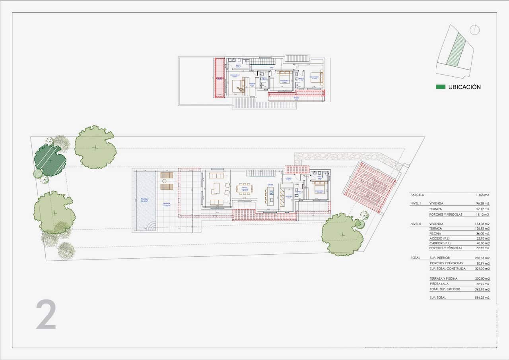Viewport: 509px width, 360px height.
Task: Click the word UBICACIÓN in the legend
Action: pyautogui.click(x=464, y=87)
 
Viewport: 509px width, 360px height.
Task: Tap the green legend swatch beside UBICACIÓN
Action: pyautogui.click(x=440, y=87)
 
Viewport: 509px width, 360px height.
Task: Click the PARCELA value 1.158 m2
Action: pyautogui.click(x=482, y=195)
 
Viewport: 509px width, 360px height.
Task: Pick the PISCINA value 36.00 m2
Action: pyautogui.click(x=482, y=234)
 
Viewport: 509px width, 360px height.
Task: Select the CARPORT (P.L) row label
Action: pyautogui.click(x=441, y=243)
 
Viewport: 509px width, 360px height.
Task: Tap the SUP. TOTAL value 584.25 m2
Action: pyautogui.click(x=482, y=298)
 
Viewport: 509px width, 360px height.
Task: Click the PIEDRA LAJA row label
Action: pyautogui.click(x=439, y=284)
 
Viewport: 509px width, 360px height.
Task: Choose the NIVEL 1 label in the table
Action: pyautogui.click(x=416, y=203)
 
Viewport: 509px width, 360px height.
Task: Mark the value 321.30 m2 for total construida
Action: pyautogui.click(x=482, y=269)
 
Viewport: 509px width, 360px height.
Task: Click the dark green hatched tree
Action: pyautogui.click(x=50, y=161)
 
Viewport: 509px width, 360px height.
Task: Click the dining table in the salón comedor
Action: pyautogui.click(x=245, y=188)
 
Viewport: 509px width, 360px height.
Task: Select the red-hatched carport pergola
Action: pyautogui.click(x=370, y=182)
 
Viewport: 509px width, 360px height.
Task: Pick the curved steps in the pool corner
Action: pyautogui.click(x=150, y=226)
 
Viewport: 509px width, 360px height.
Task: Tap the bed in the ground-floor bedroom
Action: pyautogui.click(x=321, y=186)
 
